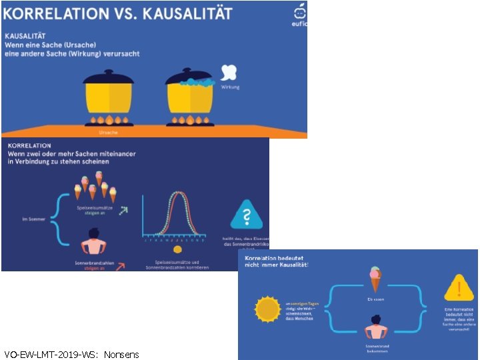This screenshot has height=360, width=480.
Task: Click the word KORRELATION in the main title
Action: tap(55, 13)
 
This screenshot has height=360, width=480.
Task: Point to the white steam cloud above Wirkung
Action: tap(229, 73)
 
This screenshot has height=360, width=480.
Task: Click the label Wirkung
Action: tap(230, 87)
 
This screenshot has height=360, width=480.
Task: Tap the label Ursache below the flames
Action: tap(109, 133)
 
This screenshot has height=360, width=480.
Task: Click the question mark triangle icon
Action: tap(246, 215)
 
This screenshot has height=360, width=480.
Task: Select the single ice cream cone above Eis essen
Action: tap(375, 279)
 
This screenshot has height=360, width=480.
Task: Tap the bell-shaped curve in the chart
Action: tap(177, 213)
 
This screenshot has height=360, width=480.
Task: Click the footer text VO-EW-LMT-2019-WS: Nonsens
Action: tap(71, 354)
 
